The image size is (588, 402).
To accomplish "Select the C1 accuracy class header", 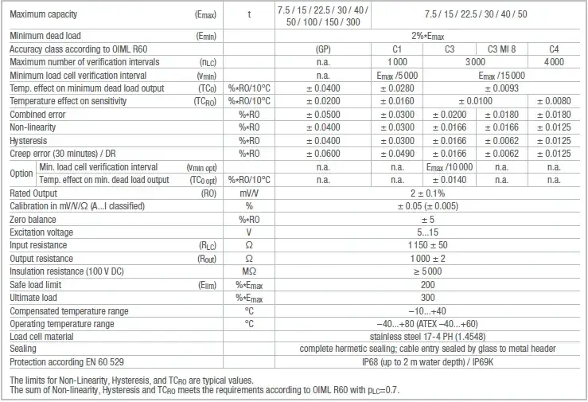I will (x=397, y=49).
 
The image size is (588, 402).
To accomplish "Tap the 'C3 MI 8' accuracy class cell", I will (x=501, y=49).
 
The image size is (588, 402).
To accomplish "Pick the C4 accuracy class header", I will (x=554, y=49).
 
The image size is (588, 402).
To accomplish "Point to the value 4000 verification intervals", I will (x=554, y=61).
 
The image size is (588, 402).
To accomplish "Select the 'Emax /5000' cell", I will (x=397, y=75).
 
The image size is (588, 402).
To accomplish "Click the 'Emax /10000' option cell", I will (x=449, y=167).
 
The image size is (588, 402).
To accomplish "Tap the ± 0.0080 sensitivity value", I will (x=554, y=101).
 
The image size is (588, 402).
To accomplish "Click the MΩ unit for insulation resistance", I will (x=249, y=271).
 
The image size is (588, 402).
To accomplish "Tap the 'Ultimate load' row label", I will (x=33, y=298).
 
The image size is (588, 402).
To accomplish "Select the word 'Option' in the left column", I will (x=21, y=174).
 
